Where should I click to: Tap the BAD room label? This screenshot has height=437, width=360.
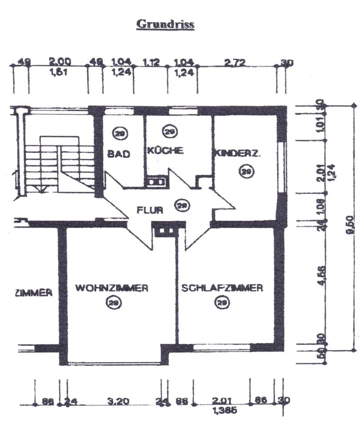pos(119,154)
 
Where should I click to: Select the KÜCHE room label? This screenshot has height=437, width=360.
pos(165,150)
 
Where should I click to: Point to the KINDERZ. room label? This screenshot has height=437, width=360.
pos(238,153)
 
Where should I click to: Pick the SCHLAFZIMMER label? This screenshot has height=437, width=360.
pos(222,288)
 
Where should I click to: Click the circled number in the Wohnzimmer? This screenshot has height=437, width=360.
pos(112,302)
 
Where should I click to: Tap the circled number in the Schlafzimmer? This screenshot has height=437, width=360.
pos(222,302)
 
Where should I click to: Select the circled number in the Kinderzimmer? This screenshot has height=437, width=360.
pos(246,171)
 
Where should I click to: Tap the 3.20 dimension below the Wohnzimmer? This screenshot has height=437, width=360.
pos(113,402)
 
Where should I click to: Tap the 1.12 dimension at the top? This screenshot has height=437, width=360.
pos(152,62)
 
